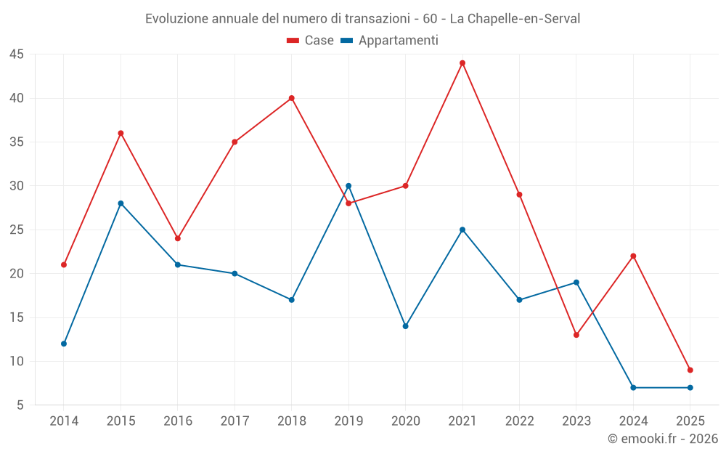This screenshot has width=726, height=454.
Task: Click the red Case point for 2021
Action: (x=462, y=63)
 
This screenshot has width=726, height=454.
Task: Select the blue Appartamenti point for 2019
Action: (x=348, y=186)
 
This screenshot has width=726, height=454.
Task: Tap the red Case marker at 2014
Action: (x=64, y=264)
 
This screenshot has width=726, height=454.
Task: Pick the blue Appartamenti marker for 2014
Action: (x=64, y=344)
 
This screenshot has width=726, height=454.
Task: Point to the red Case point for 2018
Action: (x=292, y=98)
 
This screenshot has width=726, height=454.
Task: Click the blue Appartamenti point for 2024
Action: (x=633, y=387)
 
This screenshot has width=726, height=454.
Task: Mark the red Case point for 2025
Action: (x=690, y=370)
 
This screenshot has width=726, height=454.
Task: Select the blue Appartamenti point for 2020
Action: (x=406, y=326)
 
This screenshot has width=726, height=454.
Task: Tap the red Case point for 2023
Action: (x=576, y=335)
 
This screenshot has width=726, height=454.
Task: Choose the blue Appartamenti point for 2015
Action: (x=121, y=203)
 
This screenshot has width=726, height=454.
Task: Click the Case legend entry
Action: (x=311, y=41)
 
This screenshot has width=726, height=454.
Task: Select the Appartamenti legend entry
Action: (x=390, y=41)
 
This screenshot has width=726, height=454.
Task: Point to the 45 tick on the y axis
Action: (x=17, y=54)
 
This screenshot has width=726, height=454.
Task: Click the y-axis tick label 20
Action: (x=17, y=274)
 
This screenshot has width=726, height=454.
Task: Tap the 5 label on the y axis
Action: (x=20, y=405)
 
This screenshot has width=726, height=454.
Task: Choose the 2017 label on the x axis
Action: (x=234, y=421)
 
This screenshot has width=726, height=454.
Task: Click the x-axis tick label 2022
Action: (x=519, y=421)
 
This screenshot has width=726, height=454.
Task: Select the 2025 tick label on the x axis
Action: (x=690, y=421)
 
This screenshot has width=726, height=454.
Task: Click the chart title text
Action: (x=363, y=19)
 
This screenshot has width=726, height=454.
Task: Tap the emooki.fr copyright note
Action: (x=662, y=439)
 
